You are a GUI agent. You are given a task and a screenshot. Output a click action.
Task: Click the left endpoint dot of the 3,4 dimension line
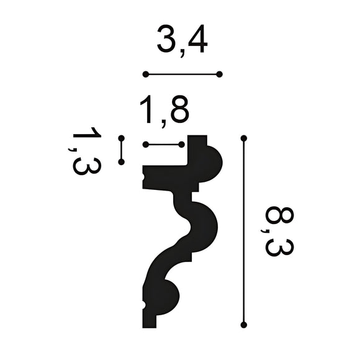point(145,74)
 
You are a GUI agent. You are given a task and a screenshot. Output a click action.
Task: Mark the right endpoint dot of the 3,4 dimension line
point(220,74)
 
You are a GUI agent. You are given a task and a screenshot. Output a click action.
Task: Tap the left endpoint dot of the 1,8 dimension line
point(145,145)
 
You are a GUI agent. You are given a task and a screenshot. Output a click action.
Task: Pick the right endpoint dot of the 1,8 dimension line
point(182,145)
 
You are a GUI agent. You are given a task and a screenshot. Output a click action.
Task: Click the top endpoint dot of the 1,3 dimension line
point(122,138)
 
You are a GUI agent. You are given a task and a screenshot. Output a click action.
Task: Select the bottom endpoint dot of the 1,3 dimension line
point(122,162)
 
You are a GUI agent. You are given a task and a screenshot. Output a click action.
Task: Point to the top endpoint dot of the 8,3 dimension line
point(244,138)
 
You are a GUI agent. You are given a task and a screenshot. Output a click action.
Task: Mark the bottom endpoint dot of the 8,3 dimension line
point(244,324)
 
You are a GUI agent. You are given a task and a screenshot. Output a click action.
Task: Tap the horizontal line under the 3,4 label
point(182,74)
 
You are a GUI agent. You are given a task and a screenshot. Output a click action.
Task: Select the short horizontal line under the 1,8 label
point(163,145)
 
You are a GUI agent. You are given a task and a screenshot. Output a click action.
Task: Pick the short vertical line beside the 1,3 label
point(122,150)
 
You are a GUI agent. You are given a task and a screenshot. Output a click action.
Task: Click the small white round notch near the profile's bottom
point(144,305)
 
